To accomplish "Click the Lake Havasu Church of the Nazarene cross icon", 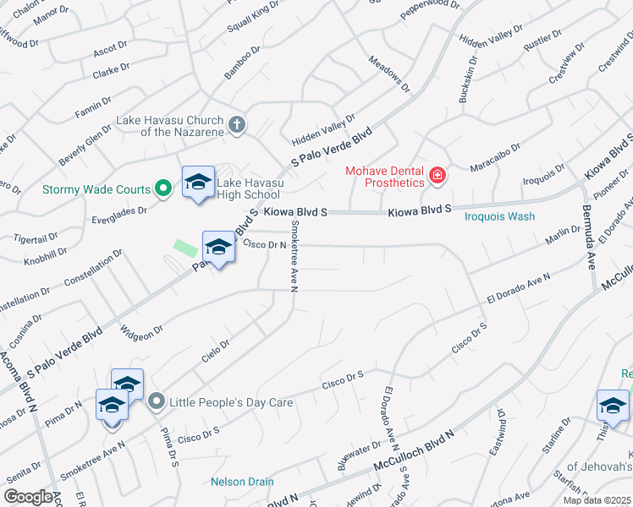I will point(237,125).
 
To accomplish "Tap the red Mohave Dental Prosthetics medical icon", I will point(438,176).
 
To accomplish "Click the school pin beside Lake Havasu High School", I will point(199,183).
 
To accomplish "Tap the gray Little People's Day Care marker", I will point(156,402).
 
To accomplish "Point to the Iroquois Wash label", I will point(500,216).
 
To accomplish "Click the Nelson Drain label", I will point(242,482).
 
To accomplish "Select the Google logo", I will point(30,497).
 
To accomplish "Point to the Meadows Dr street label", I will point(389,74).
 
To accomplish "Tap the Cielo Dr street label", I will point(216,350).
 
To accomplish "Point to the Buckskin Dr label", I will point(463,81).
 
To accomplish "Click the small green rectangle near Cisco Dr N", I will point(184,248).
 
